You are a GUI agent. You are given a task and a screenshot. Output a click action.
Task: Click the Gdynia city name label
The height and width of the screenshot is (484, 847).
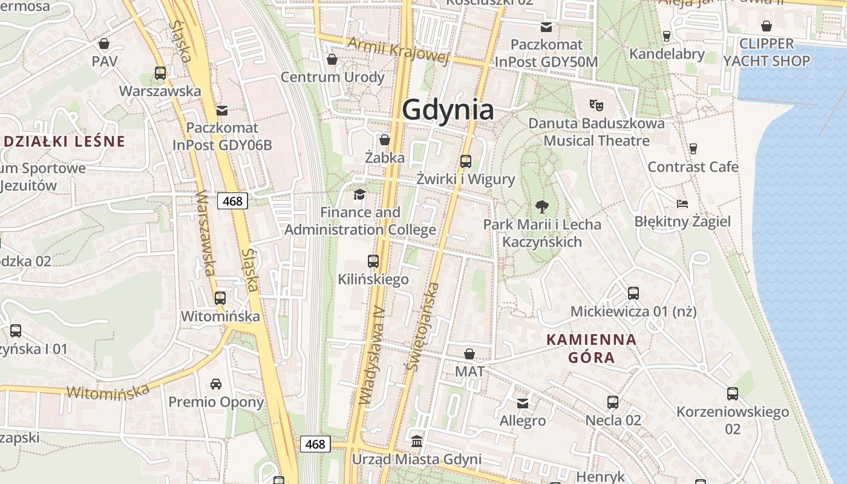click(448, 111)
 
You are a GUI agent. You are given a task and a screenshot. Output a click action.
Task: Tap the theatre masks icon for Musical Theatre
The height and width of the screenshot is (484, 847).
click(597, 105)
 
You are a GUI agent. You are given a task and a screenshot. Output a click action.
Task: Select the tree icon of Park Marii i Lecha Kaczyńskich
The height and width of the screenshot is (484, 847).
click(542, 206)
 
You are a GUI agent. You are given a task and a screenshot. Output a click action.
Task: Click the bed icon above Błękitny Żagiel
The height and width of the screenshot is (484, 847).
click(682, 203)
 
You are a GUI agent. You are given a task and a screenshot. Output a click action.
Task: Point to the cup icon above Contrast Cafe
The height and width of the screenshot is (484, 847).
click(693, 148)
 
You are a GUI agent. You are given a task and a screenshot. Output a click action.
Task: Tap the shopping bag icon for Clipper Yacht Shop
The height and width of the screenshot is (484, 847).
click(767, 26)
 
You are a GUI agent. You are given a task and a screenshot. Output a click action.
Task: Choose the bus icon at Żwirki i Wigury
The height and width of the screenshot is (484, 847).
click(465, 162)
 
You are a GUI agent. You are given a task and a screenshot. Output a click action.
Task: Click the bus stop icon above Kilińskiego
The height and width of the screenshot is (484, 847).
click(373, 261)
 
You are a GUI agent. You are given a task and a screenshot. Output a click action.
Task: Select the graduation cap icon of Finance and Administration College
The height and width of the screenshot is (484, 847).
click(360, 194)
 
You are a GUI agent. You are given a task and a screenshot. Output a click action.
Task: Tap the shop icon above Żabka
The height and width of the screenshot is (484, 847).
click(384, 140)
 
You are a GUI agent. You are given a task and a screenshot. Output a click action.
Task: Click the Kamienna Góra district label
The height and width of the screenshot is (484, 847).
click(592, 348)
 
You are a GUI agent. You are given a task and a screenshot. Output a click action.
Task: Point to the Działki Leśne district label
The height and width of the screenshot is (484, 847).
click(64, 142)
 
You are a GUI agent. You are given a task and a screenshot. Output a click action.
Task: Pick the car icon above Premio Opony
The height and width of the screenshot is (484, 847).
click(216, 384)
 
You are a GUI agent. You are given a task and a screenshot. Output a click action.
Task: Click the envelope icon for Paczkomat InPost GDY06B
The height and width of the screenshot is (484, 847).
click(222, 110)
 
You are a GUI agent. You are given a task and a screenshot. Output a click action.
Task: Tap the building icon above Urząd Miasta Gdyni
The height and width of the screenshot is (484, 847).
click(417, 441)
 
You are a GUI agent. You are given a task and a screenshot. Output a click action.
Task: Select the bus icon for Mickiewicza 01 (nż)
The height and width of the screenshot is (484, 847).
click(633, 293)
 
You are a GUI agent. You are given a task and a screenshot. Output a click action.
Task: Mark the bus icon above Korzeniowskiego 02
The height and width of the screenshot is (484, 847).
click(733, 394)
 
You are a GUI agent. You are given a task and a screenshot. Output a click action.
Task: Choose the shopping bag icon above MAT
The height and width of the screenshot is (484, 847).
click(469, 354)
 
